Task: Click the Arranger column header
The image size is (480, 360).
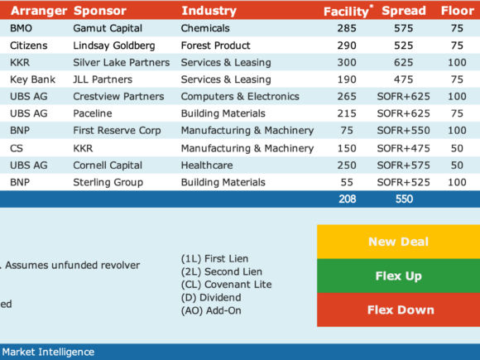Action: point(39,11)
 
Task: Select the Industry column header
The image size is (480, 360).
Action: point(209,11)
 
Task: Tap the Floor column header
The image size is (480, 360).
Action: point(458,11)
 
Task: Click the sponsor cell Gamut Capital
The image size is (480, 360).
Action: point(108,28)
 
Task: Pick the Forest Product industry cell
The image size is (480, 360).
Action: point(215,46)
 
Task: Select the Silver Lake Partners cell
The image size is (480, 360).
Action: point(121,62)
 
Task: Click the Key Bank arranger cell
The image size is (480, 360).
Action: point(32,79)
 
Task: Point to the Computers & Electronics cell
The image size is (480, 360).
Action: point(240,97)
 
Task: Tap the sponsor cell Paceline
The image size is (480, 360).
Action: point(93,113)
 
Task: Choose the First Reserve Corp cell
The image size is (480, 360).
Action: point(117,131)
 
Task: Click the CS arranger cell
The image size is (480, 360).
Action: point(17,148)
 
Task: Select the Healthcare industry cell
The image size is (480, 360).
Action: point(207,166)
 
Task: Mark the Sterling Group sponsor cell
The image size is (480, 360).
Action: point(108,182)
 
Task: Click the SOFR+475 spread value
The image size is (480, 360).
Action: point(404,148)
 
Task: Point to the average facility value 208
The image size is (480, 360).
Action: point(347,199)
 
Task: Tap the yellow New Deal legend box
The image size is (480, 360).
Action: point(399,242)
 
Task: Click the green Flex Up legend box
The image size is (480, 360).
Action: point(399,276)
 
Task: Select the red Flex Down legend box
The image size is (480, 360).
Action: point(399,310)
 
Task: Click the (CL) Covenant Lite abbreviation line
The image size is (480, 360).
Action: point(227,285)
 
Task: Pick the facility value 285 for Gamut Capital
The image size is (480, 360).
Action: point(347,28)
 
